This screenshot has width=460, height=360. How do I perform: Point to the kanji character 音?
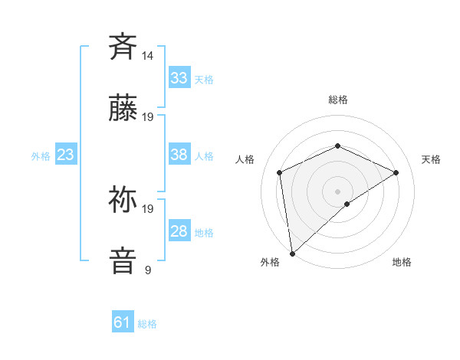(123, 260)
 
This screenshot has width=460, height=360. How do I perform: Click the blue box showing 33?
(179, 78)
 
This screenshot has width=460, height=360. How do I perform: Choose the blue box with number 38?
(179, 155)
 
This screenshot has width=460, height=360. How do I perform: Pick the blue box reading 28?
(179, 231)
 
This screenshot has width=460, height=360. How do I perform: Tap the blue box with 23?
(66, 155)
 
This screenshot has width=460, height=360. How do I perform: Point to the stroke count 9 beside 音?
(147, 270)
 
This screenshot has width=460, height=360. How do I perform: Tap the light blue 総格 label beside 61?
(147, 324)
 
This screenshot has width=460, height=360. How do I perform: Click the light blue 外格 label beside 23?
(41, 156)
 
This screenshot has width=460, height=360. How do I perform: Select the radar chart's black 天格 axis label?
(431, 159)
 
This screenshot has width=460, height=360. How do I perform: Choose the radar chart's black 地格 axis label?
(402, 262)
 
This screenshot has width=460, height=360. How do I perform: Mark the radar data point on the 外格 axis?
(291, 254)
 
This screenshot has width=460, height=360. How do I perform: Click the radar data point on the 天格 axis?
(396, 172)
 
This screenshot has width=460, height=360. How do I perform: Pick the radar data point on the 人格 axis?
(280, 172)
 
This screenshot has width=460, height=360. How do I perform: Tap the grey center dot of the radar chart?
(338, 191)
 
